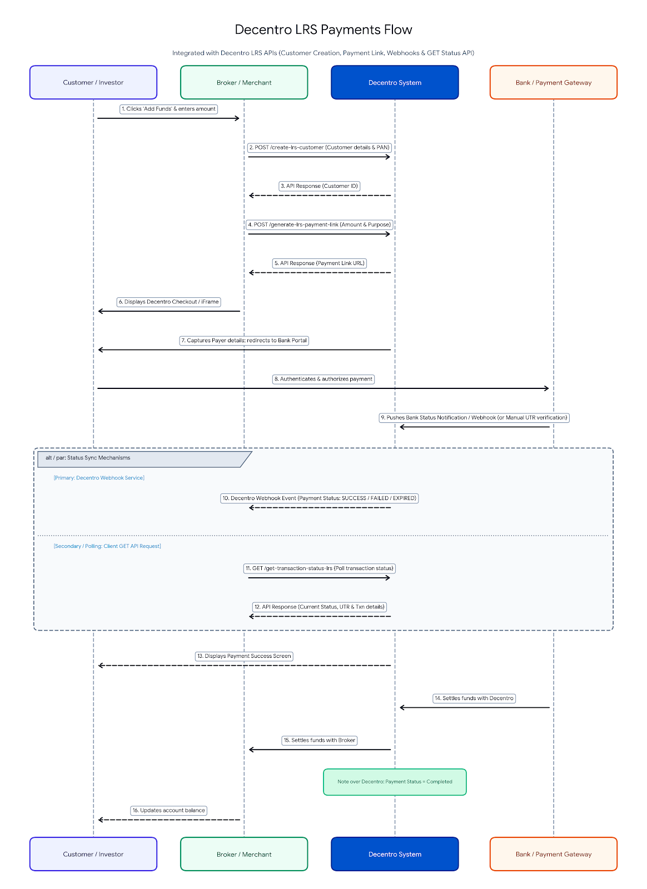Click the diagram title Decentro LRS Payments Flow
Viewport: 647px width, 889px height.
pos(323,30)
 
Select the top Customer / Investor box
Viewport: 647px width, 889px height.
pos(93,82)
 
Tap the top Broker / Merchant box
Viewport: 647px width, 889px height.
pos(243,82)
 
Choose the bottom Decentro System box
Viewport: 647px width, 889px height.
pos(395,853)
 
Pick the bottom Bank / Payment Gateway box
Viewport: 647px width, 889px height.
pos(553,853)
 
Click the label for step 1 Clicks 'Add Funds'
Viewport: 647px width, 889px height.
pos(168,109)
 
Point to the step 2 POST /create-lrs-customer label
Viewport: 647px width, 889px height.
pos(320,147)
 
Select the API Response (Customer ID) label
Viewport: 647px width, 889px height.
pos(320,186)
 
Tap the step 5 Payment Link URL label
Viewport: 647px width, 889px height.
pos(320,263)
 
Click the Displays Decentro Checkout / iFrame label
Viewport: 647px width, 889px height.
pos(168,302)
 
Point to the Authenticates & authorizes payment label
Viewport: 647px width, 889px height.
pos(323,379)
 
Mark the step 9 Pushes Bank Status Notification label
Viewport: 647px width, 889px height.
pos(474,417)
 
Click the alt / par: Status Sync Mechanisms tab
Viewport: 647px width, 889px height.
pos(145,459)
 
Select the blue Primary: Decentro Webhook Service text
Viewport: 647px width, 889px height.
pos(99,478)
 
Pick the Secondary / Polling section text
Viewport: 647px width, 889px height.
pos(107,546)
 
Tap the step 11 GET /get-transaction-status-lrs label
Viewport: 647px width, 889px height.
pos(320,568)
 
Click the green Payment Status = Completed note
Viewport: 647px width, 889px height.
pos(395,782)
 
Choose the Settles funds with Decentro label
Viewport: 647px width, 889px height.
pos(474,698)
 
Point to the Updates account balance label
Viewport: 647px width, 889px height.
pos(168,811)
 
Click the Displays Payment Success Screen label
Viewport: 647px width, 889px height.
pos(244,656)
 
